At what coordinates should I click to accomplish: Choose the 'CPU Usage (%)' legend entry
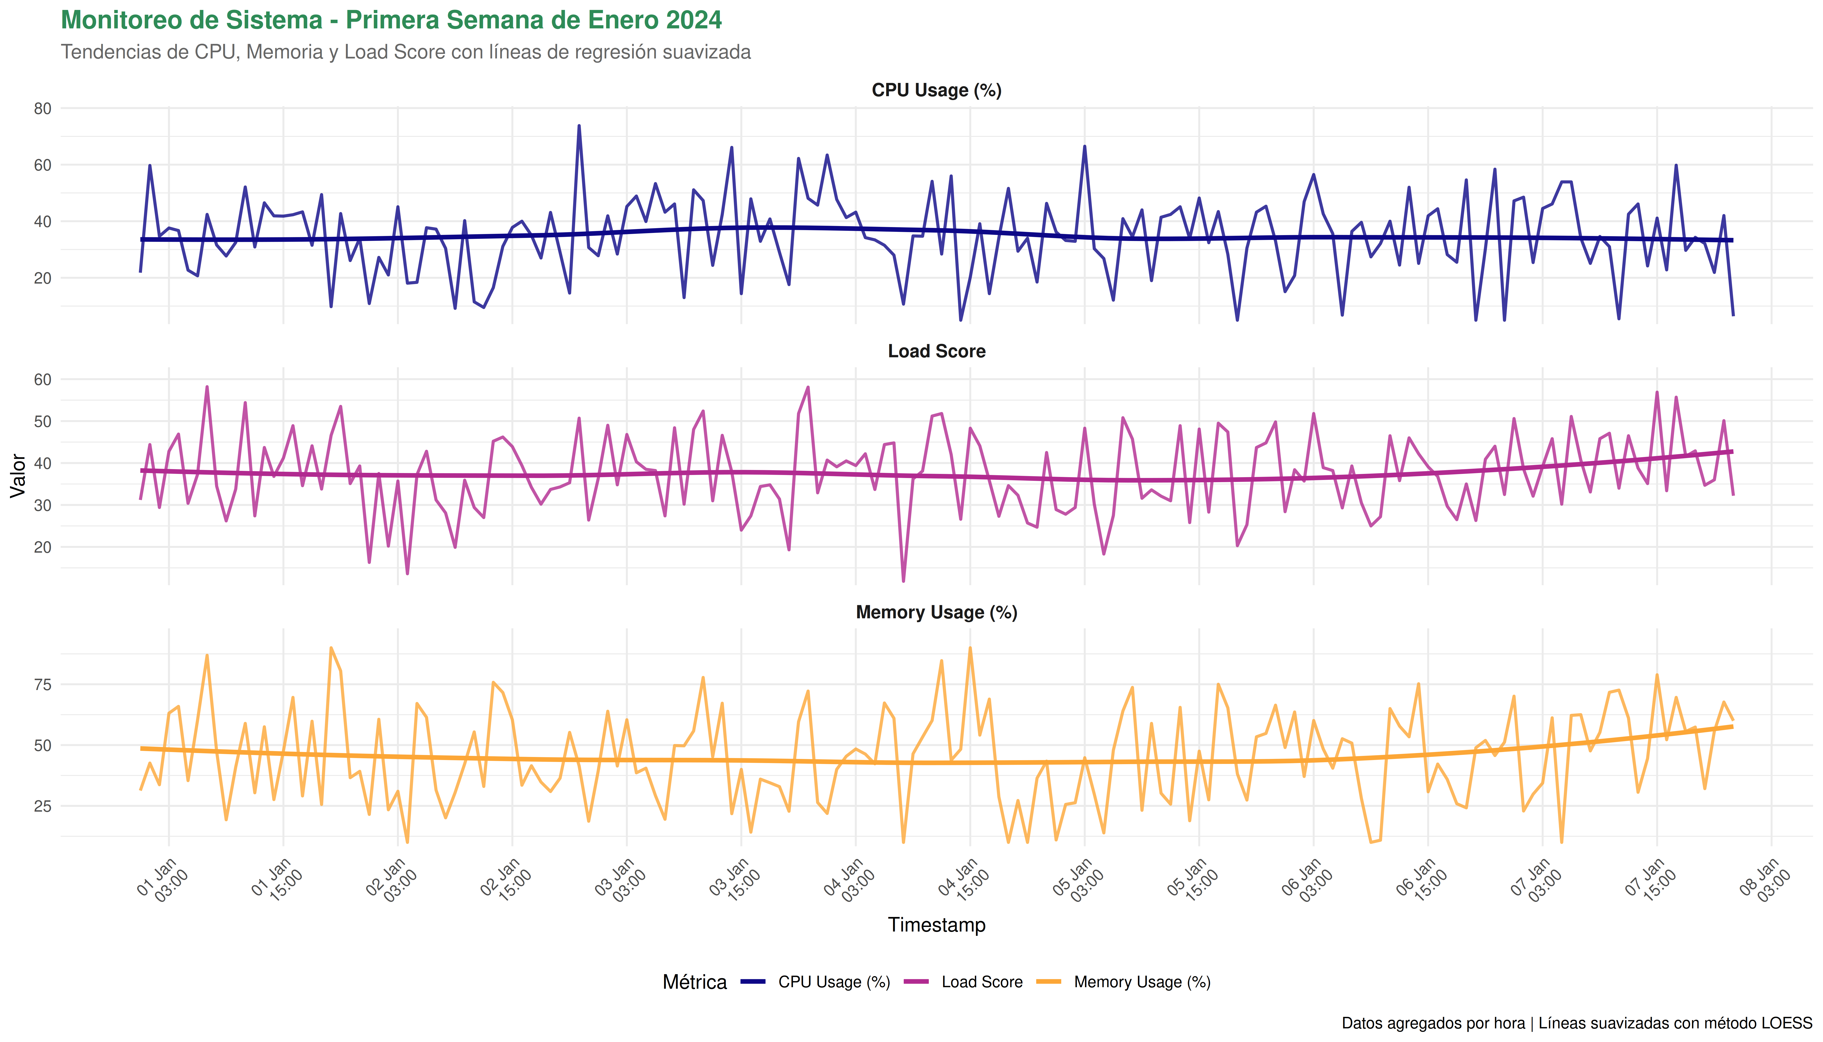click(x=834, y=982)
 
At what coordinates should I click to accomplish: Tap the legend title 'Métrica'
click(x=694, y=982)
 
